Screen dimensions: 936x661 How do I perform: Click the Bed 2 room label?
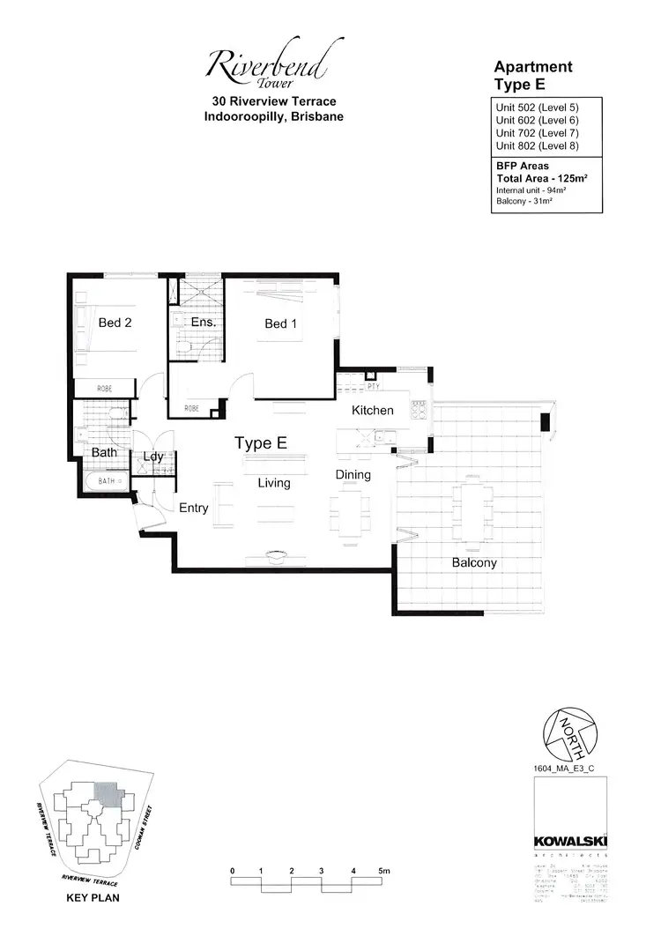point(115,323)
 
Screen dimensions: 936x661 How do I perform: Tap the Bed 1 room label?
point(280,323)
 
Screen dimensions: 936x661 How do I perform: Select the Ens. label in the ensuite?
point(204,322)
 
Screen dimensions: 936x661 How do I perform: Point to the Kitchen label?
point(372,411)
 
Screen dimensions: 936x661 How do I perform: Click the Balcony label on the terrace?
point(474,562)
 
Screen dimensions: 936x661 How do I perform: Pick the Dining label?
point(353,474)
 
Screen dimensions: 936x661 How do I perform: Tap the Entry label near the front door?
point(193,508)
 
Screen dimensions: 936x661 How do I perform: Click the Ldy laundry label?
point(153,457)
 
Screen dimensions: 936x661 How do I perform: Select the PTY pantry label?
point(373,386)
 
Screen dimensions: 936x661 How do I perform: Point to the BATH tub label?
point(107,481)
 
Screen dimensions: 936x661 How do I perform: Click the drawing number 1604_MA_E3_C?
point(564,769)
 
